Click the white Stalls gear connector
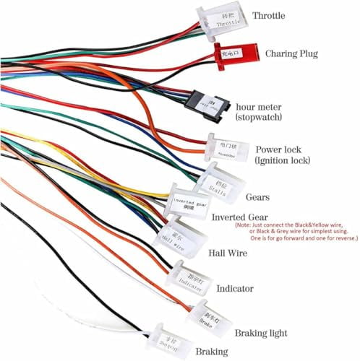click(218, 178)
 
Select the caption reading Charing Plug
click(292, 53)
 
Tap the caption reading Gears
click(258, 197)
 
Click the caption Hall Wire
click(228, 253)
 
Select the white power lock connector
click(227, 149)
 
